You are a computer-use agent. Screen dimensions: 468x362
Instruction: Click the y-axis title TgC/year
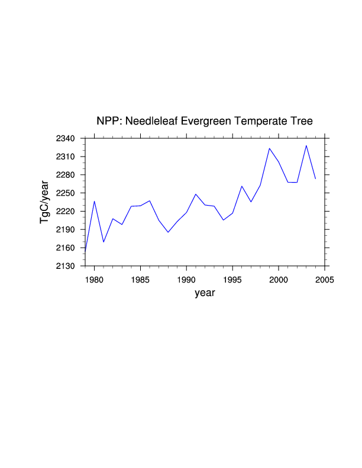point(44,202)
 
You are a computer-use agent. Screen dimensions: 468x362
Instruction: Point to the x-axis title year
point(205,293)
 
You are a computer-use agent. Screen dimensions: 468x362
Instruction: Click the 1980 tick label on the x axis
point(95,278)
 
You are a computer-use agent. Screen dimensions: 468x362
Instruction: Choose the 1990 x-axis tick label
point(187,278)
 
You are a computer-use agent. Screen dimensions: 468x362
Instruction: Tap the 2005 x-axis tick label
point(325,278)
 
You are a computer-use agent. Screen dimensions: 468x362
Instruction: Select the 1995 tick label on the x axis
point(233,278)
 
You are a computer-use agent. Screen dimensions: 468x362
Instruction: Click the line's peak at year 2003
point(306,145)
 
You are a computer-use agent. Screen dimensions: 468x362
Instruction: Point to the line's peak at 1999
point(270,148)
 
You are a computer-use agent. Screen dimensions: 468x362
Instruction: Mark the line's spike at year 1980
point(95,201)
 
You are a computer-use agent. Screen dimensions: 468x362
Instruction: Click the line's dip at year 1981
point(104,242)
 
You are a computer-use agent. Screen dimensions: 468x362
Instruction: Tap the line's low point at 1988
point(168,232)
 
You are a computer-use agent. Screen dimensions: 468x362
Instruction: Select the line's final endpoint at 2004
point(316,178)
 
